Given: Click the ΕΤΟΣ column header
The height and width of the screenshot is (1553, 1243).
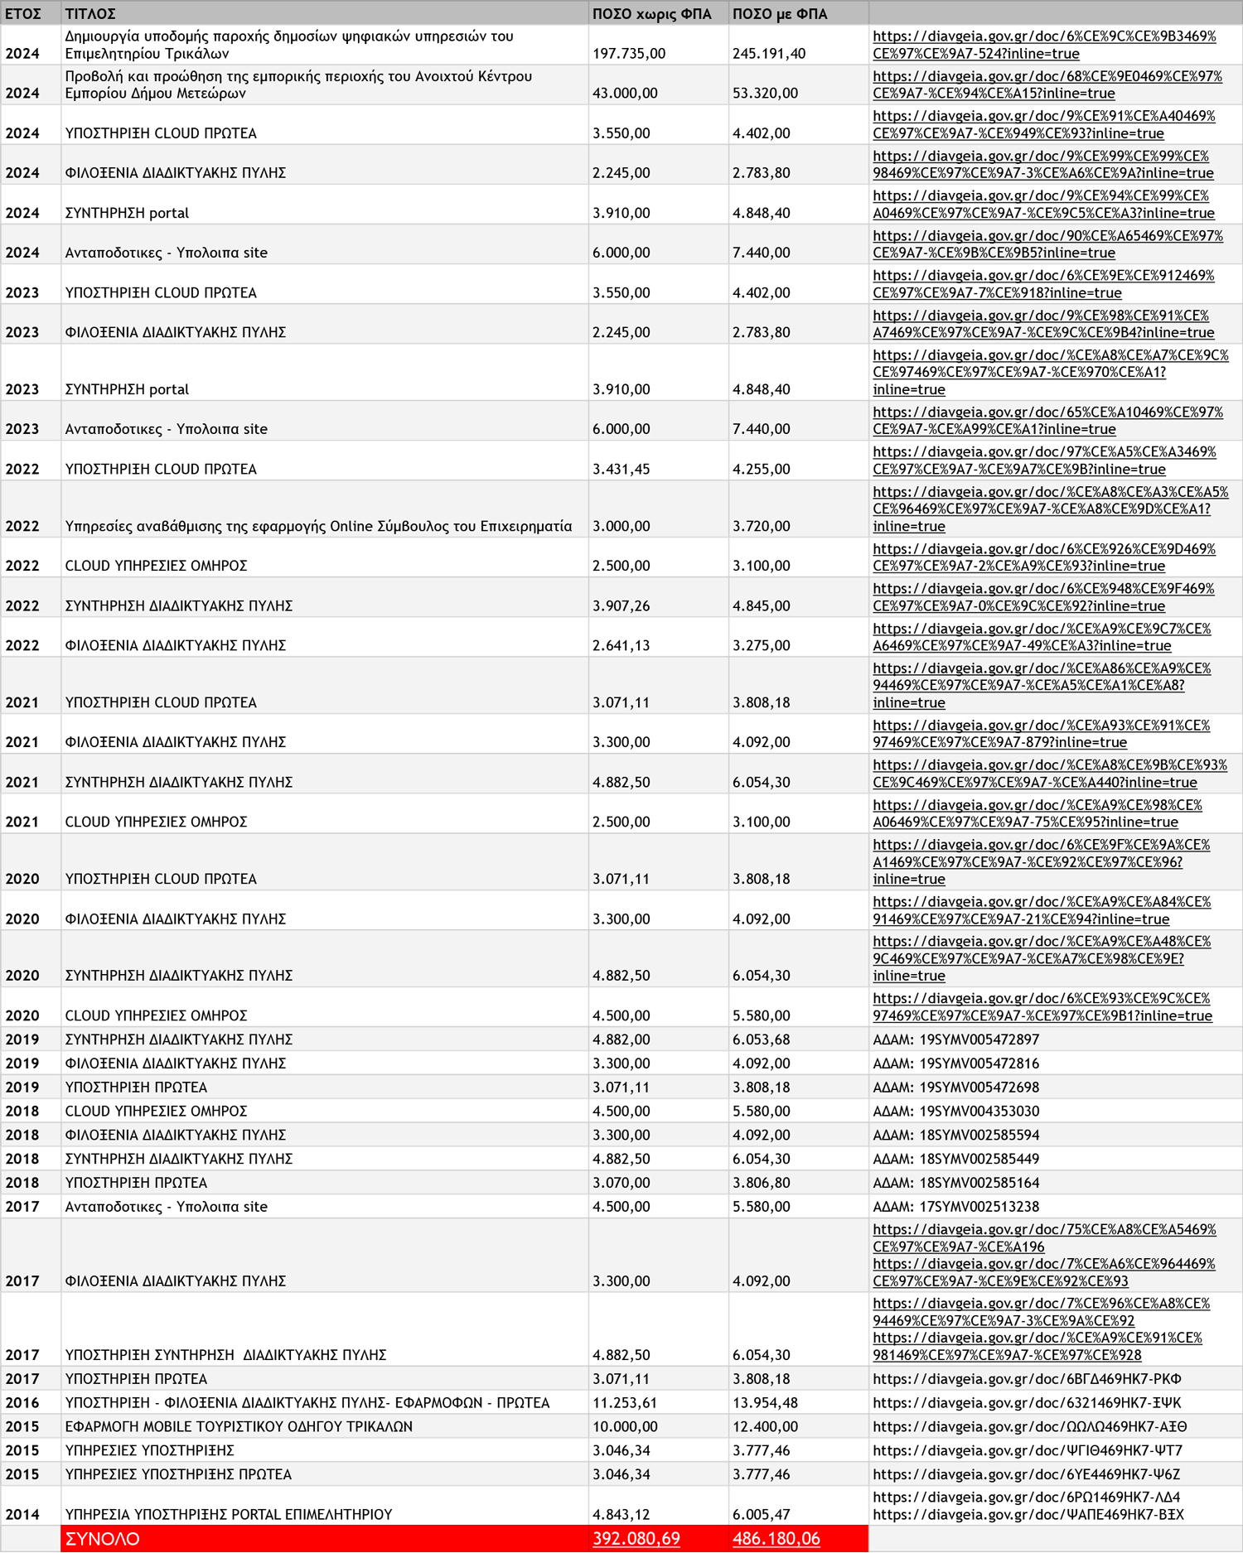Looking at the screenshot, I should tap(23, 14).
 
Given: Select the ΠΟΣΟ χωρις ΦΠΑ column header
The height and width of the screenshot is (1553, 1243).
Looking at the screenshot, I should tap(651, 14).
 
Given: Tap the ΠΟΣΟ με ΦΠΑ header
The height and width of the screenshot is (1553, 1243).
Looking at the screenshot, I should tap(780, 14).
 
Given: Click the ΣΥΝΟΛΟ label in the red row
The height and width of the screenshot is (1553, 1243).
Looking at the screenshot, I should tap(103, 1539).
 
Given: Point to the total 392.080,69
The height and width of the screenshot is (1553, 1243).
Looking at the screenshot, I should tap(636, 1539).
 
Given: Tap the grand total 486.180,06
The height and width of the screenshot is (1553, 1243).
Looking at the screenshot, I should tap(776, 1539).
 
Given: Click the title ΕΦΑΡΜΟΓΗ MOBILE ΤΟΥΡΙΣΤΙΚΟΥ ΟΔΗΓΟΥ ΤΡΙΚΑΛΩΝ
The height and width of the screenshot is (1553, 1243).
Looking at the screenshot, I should tap(239, 1427).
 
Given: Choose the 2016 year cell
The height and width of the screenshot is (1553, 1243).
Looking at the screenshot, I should tap(22, 1403).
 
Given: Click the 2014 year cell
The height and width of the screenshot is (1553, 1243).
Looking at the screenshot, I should tap(22, 1515).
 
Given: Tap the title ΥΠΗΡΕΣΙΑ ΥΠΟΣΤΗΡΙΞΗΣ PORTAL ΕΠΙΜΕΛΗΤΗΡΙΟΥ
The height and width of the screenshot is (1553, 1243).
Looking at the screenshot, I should tap(229, 1515).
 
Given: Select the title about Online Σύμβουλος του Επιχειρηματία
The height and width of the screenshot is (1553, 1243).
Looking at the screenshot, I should tap(318, 527).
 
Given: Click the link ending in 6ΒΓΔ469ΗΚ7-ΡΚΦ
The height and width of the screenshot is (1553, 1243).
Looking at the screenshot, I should tap(1027, 1379).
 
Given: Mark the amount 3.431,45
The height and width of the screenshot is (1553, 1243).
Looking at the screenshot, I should tap(621, 470).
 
